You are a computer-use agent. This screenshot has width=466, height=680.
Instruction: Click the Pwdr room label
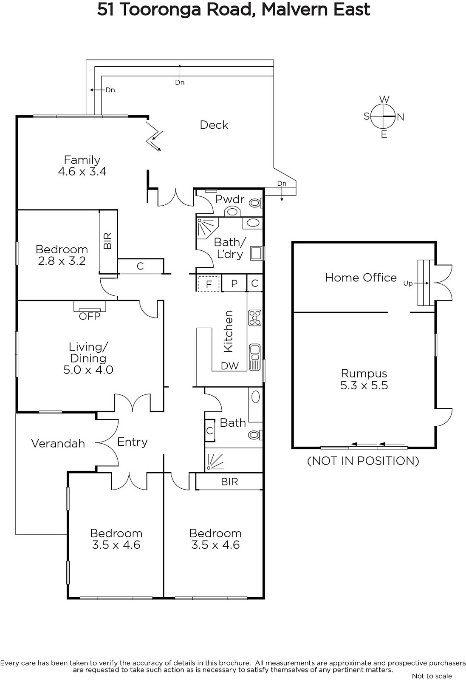229,199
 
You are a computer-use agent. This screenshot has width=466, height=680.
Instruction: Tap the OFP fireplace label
90,316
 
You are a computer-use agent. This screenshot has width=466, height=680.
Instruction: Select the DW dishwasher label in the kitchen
230,366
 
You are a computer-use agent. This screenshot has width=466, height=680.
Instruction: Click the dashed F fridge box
209,284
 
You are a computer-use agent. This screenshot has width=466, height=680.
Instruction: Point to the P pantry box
234,283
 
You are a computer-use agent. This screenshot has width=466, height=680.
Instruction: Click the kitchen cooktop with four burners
254,318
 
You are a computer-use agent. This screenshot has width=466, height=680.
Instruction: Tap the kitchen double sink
254,357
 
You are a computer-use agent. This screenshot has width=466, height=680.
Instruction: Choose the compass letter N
401,117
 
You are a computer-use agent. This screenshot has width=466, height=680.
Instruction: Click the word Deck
214,125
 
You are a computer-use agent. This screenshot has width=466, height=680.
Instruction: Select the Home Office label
361,278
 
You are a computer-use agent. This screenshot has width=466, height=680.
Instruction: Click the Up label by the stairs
408,283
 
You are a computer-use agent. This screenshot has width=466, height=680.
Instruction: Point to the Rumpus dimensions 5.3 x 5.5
364,385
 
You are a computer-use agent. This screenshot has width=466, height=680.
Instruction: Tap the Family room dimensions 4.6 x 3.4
82,172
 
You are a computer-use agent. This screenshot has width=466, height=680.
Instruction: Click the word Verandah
58,444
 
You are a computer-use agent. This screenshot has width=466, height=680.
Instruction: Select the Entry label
132,442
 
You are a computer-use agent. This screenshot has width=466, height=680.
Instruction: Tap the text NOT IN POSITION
363,461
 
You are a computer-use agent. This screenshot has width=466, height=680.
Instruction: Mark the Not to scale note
432,676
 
